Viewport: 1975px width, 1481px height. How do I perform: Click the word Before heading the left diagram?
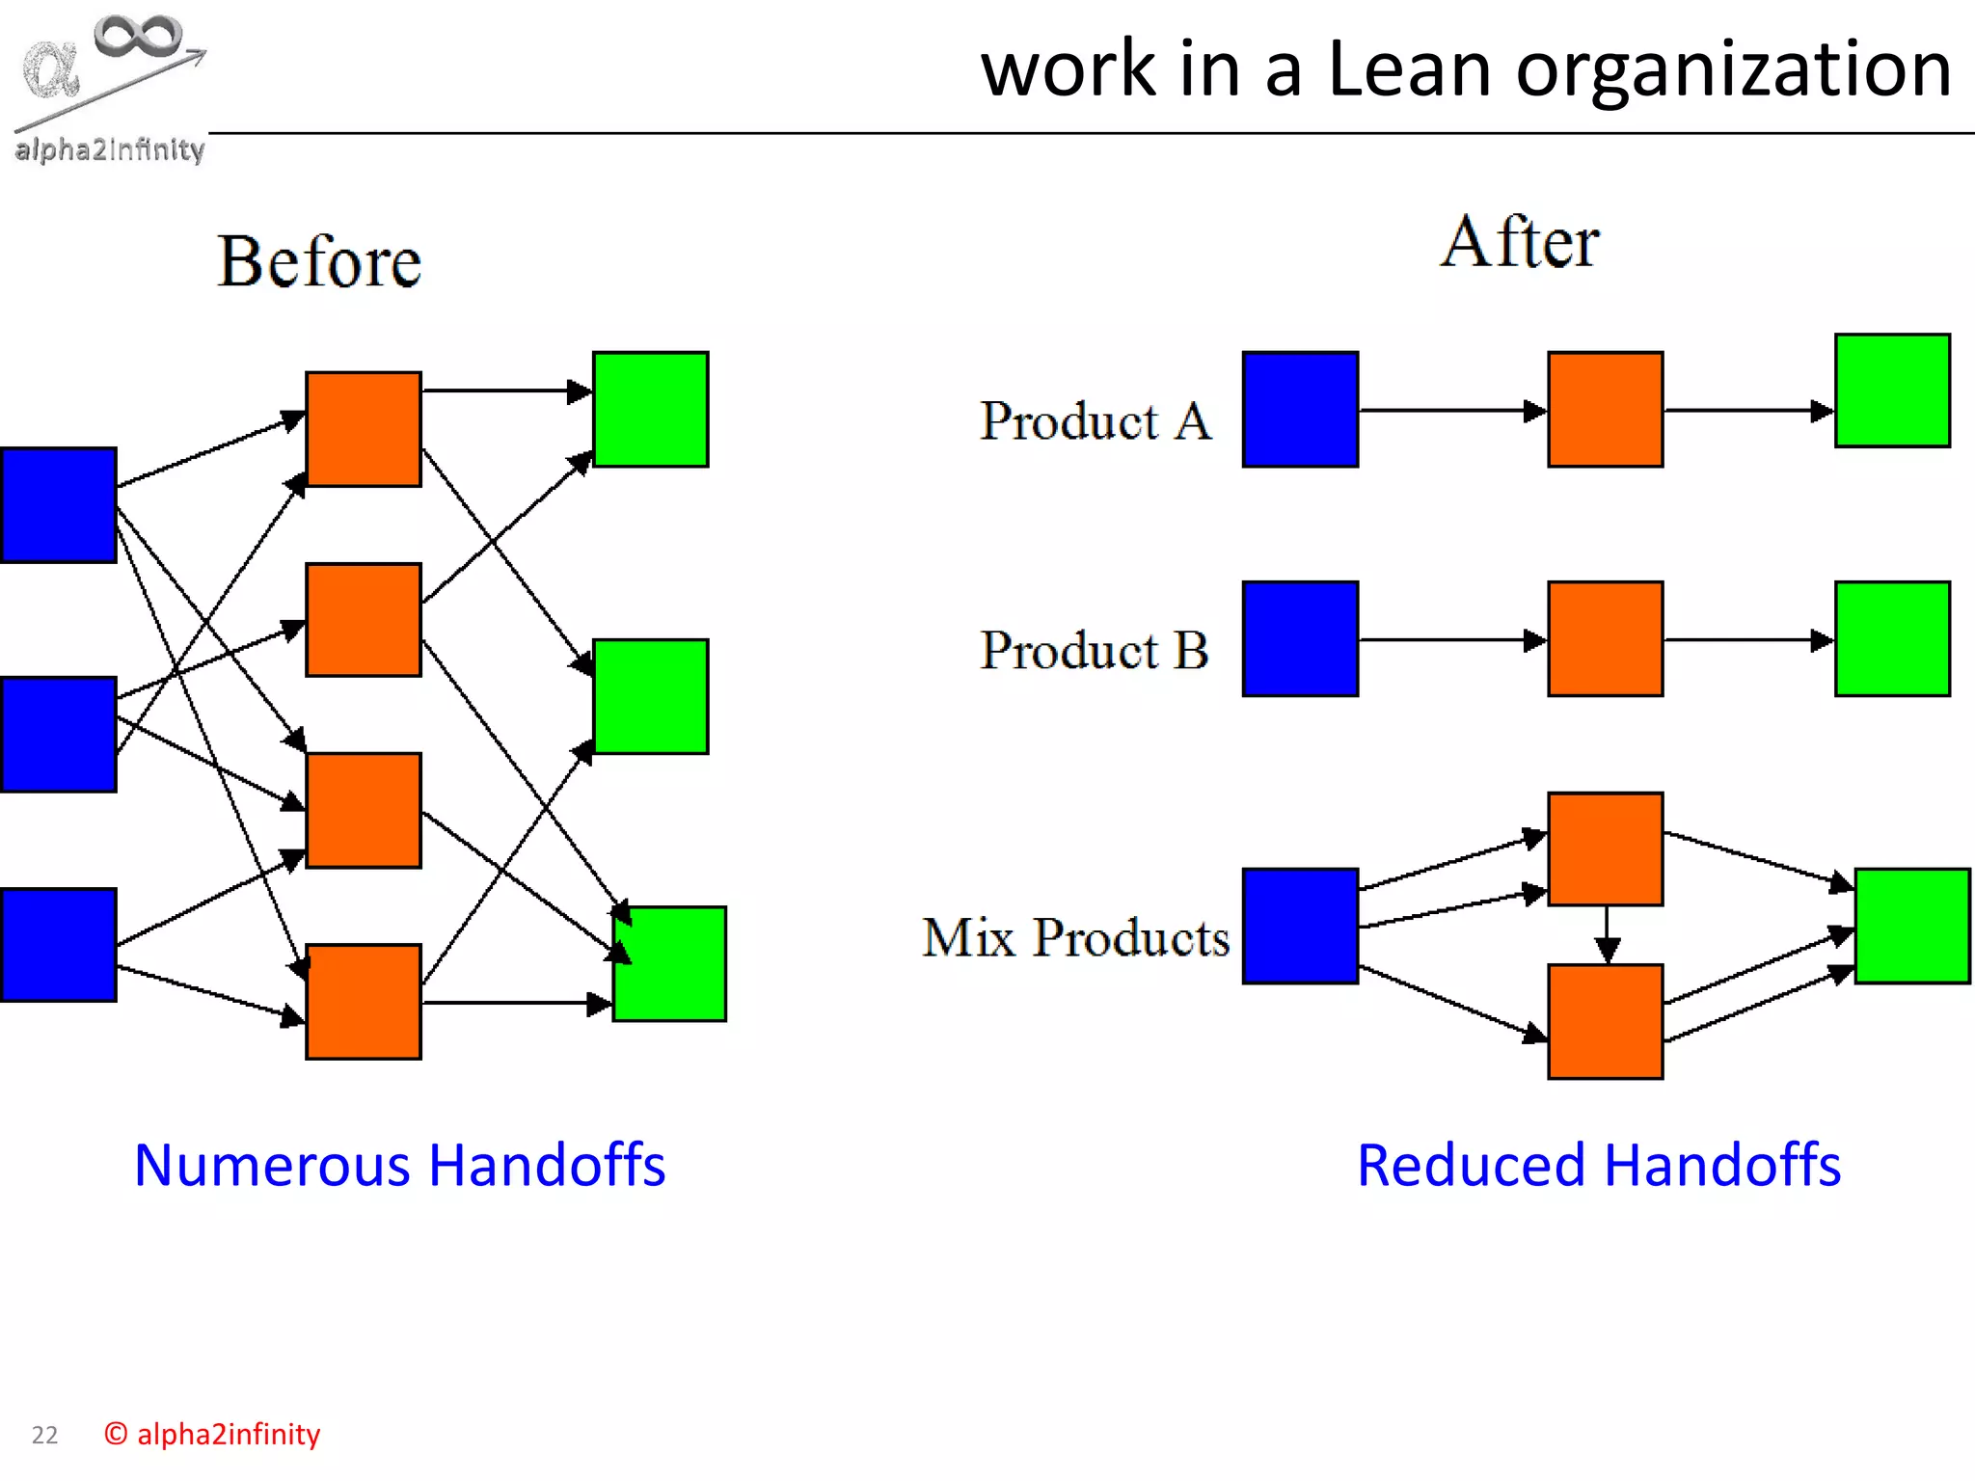[319, 262]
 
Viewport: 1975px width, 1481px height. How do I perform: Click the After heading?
[1520, 242]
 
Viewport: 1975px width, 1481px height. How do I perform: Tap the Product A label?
[1096, 421]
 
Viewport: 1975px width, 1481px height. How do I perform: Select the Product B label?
[1095, 651]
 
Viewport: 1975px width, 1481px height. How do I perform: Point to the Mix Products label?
[1075, 937]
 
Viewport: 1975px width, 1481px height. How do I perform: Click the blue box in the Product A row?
[1300, 410]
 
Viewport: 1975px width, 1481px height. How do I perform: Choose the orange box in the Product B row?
[1605, 638]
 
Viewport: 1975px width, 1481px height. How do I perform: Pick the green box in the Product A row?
[1892, 390]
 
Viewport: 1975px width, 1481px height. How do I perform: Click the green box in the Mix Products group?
[1911, 926]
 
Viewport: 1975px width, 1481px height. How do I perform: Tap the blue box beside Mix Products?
[1300, 926]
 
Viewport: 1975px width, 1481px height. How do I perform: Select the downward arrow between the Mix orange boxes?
[1607, 934]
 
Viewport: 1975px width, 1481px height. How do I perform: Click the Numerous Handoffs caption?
[399, 1165]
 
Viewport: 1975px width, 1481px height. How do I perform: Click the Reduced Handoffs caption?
[1598, 1165]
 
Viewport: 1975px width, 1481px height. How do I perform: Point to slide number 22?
[44, 1436]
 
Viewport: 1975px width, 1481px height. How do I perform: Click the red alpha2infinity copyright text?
[212, 1435]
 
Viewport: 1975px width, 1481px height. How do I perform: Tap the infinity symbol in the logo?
[138, 36]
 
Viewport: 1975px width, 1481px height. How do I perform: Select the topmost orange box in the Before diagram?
[364, 429]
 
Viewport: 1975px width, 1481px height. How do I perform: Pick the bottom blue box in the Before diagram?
[59, 945]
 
